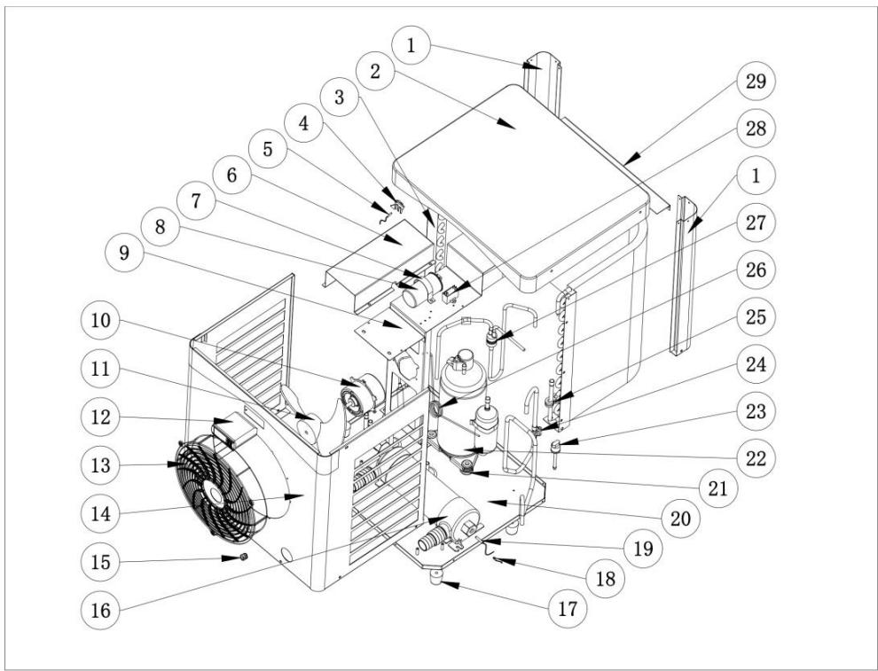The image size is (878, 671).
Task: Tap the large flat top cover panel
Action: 523,177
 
